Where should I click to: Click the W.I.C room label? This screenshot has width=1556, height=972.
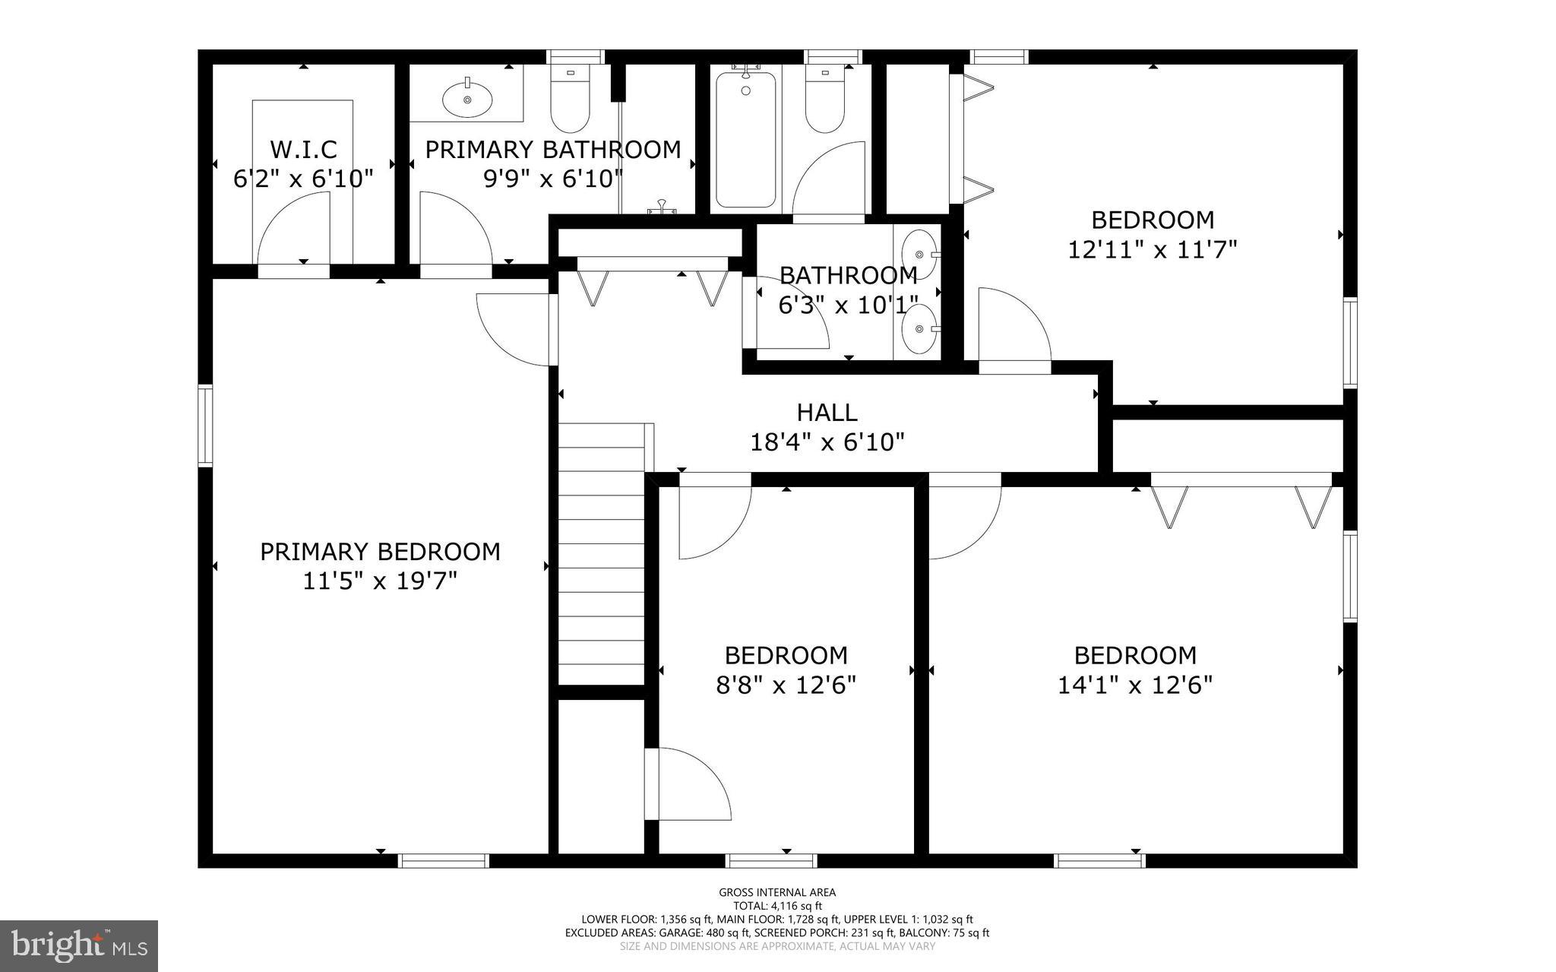[x=303, y=149]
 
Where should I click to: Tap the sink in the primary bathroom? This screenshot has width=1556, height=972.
[x=466, y=98]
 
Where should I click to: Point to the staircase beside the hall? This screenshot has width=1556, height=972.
[x=602, y=555]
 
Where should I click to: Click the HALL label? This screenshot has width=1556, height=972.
[x=827, y=413]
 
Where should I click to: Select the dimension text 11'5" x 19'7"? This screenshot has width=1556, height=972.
[x=380, y=581]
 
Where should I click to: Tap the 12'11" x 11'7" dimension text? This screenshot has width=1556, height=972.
[x=1153, y=250]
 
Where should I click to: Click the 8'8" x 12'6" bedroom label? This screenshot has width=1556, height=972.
[x=786, y=655]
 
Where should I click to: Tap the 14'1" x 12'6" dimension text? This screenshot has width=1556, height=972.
[x=1134, y=685]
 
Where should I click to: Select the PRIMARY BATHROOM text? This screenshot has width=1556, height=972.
[x=552, y=150]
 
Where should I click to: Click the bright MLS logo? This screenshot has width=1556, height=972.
[x=79, y=946]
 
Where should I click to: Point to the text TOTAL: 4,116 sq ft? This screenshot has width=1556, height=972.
[x=777, y=906]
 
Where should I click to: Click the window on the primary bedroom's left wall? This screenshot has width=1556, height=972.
[x=205, y=426]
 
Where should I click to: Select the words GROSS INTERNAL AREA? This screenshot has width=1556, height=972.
[x=777, y=892]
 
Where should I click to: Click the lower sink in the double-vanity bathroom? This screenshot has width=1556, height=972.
[x=919, y=329]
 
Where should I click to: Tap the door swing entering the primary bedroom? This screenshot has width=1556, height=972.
[x=514, y=328]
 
